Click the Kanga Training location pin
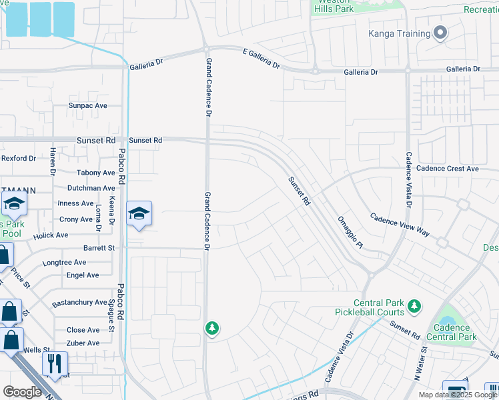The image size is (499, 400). (x=440, y=33)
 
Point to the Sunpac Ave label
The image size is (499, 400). (x=88, y=105)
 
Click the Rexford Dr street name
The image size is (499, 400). (x=18, y=158)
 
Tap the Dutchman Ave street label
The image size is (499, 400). (x=87, y=189)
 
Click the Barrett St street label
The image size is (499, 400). (x=98, y=248)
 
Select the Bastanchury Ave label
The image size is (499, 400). (x=79, y=302)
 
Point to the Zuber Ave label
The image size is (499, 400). (x=83, y=343)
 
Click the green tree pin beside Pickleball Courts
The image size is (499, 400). (x=415, y=307)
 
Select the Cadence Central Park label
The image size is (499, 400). (x=455, y=332)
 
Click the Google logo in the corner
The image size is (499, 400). (x=22, y=392)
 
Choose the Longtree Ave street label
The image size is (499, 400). (x=64, y=263)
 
